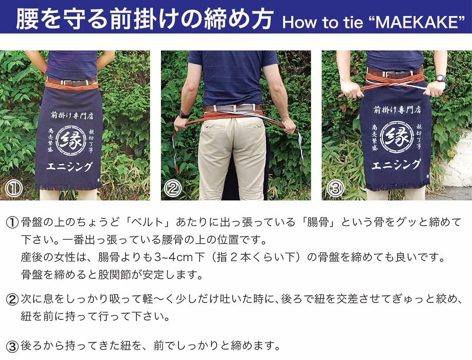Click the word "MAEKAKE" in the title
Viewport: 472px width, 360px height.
tap(417, 22)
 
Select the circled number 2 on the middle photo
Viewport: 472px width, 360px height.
tap(173, 188)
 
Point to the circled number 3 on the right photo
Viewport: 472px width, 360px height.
tap(335, 188)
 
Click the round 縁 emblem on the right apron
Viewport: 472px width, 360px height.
tap(395, 137)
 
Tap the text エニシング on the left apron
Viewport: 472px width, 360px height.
tap(69, 167)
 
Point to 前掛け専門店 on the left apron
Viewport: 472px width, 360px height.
tap(72, 115)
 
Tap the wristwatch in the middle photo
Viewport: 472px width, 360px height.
tap(183, 114)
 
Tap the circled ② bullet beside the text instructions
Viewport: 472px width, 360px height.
tap(12, 300)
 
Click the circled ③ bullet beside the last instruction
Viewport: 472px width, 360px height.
tap(12, 346)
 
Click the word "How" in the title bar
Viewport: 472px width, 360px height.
tap(300, 23)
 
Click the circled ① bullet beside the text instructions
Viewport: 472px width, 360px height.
tap(12, 223)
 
